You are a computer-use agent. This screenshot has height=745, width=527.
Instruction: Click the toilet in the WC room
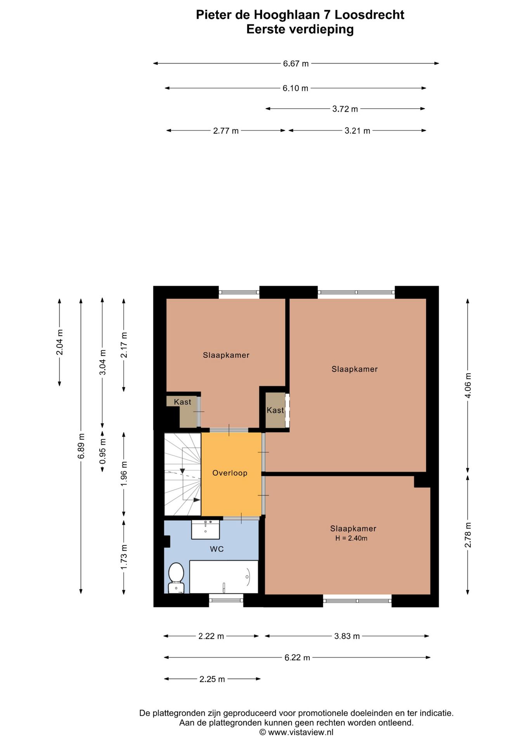[176, 577]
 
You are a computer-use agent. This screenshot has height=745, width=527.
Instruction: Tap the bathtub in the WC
[224, 577]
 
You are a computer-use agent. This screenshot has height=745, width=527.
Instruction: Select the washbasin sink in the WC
[205, 529]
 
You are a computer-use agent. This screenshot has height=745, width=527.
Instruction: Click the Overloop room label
[230, 473]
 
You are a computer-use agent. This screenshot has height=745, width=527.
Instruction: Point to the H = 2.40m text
[351, 538]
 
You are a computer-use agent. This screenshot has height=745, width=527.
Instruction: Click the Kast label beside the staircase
[182, 402]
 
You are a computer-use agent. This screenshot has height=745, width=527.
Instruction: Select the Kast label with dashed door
[275, 410]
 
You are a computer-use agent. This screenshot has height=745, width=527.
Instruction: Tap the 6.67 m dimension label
[296, 64]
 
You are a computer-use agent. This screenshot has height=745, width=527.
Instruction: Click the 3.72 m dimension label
[345, 109]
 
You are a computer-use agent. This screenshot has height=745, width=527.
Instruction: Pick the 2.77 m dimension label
[226, 131]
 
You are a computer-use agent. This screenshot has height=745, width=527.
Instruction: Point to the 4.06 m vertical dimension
[468, 385]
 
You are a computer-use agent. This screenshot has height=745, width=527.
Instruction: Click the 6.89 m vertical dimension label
[81, 445]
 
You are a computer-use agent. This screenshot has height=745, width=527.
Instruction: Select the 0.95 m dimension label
[102, 451]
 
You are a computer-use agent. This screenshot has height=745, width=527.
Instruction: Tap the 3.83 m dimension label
[347, 636]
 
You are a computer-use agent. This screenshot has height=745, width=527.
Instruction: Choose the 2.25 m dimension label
[212, 679]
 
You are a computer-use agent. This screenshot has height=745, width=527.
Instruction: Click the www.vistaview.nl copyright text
[296, 732]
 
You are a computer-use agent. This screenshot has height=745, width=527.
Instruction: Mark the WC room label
[217, 549]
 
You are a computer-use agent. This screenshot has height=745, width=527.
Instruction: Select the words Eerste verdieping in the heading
[300, 29]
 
